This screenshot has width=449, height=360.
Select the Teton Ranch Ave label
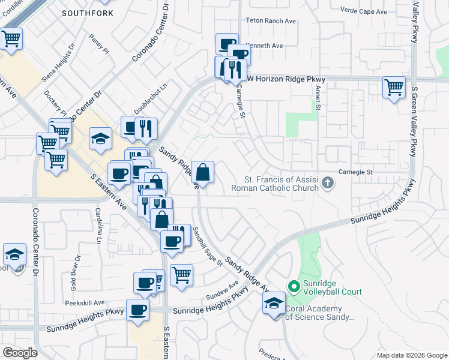[271, 20]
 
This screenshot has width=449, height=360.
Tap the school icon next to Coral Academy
[274, 302]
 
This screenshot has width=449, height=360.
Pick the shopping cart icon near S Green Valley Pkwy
[394, 87]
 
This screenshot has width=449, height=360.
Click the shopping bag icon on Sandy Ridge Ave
[203, 172]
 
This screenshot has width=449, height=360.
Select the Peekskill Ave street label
[86, 303]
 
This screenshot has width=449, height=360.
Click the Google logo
[20, 353]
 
